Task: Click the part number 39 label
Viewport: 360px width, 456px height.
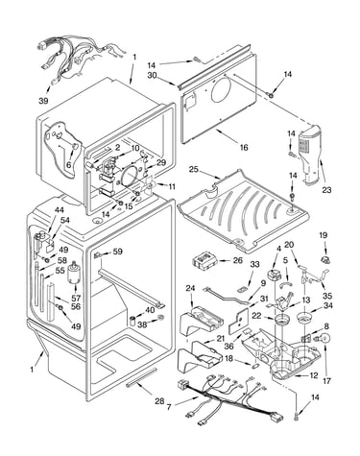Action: pos(43,101)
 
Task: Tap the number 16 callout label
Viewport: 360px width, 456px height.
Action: pos(244,147)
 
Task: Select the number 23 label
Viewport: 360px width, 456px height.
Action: pos(326,190)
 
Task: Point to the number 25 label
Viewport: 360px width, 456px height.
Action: pos(194,169)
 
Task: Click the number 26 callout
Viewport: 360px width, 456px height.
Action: pos(238,260)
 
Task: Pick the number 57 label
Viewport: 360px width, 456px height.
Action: pos(76,298)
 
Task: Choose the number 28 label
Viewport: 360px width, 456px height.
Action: pos(159,400)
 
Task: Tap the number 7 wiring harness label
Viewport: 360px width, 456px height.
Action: pos(169,407)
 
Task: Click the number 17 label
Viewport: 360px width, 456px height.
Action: pos(326,381)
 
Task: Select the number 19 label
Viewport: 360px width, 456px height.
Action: pos(324,235)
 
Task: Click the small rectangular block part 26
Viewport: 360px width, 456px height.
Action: pos(204,260)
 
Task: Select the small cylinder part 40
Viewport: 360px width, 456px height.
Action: pos(132,321)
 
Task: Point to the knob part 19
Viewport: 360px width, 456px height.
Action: pos(325,259)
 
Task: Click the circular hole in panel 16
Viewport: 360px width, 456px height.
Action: pos(221,87)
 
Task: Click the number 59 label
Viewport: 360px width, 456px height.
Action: pos(118,252)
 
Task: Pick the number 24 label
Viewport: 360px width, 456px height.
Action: pos(190,288)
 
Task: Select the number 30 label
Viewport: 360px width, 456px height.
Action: pos(152,75)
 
